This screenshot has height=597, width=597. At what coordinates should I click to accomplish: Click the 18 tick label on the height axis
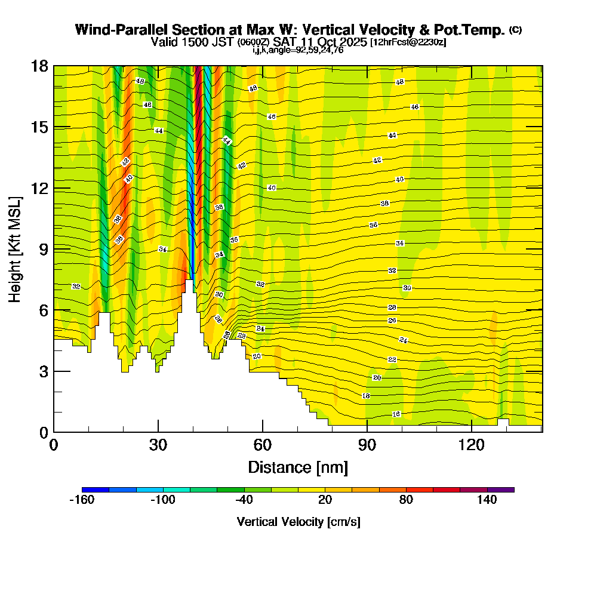(39, 66)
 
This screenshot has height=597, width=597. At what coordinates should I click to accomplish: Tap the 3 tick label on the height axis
(44, 371)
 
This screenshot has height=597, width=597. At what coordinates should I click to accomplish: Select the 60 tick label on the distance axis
(263, 445)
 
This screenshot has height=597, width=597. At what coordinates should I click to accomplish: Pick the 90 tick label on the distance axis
(367, 445)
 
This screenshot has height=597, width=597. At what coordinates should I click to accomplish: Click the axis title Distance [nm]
(298, 467)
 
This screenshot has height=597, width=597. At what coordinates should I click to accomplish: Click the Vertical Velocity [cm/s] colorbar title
(298, 522)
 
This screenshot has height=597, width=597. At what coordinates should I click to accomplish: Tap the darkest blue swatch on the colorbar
(96, 490)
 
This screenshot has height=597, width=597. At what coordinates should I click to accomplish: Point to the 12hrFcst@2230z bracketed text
(408, 42)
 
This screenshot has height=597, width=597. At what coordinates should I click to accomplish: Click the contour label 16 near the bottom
(396, 414)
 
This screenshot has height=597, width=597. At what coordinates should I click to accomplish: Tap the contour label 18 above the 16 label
(366, 396)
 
